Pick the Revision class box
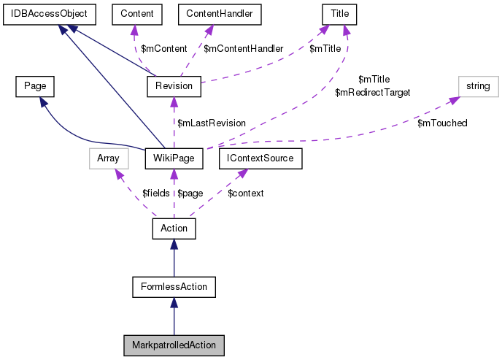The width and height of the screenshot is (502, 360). point(174,86)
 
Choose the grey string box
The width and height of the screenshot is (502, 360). point(478,86)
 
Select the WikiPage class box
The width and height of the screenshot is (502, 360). point(173,157)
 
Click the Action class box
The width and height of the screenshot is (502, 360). point(174,229)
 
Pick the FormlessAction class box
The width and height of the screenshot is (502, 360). point(174,286)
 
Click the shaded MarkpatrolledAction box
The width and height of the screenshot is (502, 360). point(174,343)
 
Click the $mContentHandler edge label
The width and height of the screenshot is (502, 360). point(243,49)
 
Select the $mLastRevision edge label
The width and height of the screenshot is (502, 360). point(212,123)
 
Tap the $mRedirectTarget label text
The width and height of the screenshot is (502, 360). point(373,93)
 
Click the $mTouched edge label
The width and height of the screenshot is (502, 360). point(442,123)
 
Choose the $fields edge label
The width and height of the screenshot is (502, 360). point(155,193)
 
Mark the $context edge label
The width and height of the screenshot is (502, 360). point(246,193)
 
